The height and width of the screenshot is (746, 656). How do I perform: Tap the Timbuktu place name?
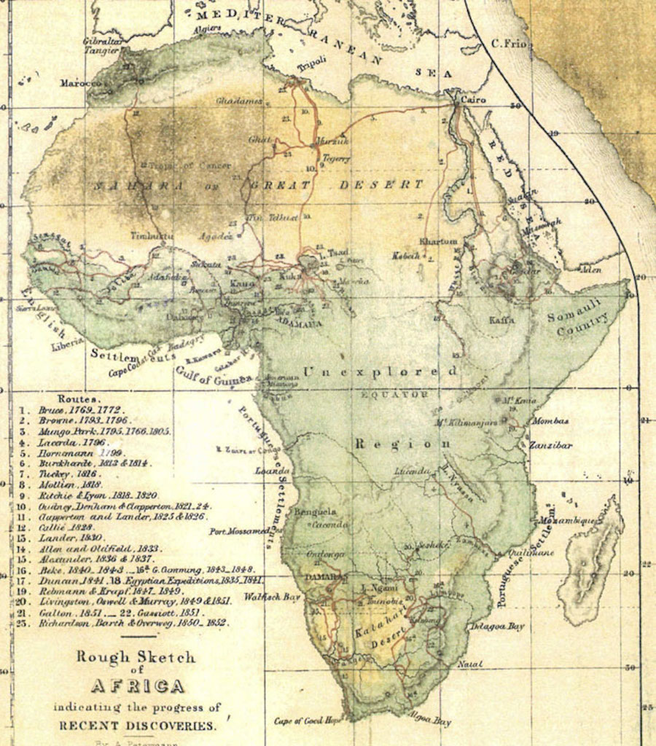pos(152,236)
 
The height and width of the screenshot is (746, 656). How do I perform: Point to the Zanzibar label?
pos(550,445)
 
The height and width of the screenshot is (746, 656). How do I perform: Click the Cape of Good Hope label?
pos(308,721)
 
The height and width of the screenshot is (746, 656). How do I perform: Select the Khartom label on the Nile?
pos(439,241)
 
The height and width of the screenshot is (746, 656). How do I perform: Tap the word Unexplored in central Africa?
pos(380,372)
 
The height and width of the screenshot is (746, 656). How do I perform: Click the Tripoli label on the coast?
pos(311,68)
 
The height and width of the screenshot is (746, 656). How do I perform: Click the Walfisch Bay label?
pos(273,597)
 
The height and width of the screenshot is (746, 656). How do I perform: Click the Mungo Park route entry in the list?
pos(104,431)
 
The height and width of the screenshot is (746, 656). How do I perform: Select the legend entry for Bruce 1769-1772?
pos(82,410)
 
